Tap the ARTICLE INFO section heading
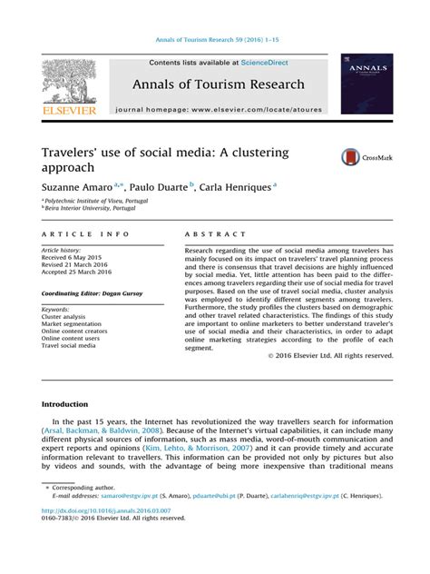point(76,233)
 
